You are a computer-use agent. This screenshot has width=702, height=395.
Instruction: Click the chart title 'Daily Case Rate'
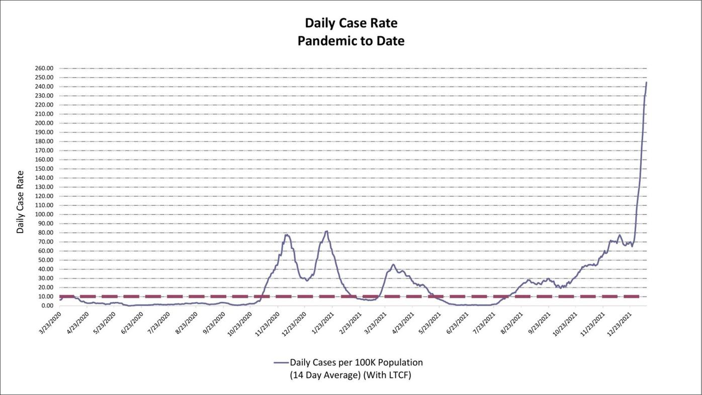point(351,23)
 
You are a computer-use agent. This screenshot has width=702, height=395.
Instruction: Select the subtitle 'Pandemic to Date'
point(351,41)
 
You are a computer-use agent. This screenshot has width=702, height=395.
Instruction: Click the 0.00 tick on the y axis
point(46,306)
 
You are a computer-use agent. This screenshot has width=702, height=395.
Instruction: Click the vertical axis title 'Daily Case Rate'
point(20,202)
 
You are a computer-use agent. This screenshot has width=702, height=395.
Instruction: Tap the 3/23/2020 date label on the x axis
point(49,323)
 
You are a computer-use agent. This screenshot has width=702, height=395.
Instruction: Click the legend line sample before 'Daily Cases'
point(281,363)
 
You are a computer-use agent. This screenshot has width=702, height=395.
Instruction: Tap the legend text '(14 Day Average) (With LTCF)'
point(350,375)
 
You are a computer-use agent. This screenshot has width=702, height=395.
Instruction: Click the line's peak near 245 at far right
point(646,82)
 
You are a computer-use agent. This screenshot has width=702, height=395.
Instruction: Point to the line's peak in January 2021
point(326,231)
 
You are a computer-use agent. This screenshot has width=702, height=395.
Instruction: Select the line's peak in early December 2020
point(287,234)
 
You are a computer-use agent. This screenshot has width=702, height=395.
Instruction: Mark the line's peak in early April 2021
point(393,264)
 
